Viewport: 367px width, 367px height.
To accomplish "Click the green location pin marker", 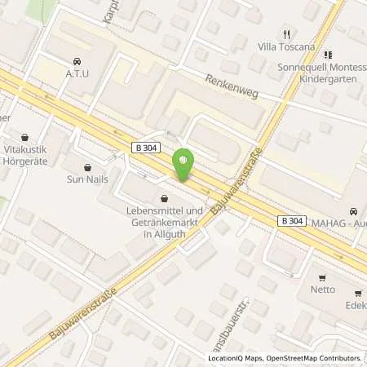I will pos(184,162).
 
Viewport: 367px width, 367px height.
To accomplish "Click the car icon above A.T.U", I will pos(77,60).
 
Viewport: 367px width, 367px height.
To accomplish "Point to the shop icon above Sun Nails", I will pos(87,167).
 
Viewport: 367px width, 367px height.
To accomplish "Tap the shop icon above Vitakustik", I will pos(24,138).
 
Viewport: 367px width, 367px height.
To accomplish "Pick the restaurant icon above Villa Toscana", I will pos(286,34).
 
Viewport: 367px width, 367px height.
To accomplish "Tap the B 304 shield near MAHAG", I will pos(291,221).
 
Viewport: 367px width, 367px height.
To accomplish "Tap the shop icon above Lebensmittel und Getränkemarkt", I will pos(164,198).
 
